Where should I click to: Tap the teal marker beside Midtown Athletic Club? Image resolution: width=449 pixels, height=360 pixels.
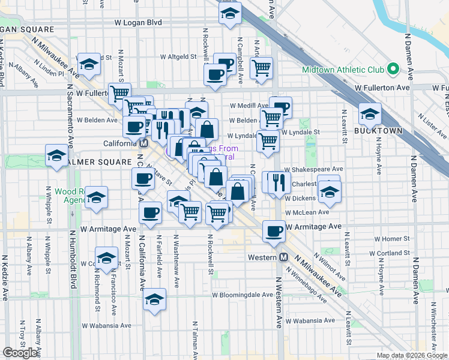pos(393,69)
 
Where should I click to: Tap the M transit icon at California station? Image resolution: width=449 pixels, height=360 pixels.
pos(143,144)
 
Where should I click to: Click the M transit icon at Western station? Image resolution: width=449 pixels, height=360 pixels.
pos(285,257)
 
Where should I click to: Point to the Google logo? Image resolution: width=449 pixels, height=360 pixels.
pos(21,353)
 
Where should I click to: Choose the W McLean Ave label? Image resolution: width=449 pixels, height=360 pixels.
pos(307,212)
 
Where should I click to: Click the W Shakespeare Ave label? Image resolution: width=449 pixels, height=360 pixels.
pos(314,170)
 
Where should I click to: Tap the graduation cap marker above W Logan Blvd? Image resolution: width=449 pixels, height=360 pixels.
pos(230,14)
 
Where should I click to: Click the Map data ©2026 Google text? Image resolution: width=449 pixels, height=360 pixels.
pos(411,355)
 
